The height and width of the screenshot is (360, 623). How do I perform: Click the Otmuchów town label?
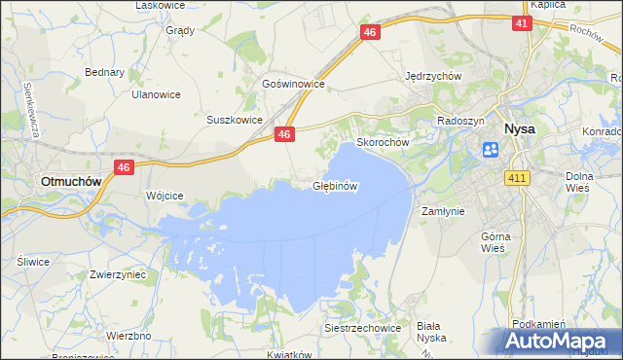coord(67,181)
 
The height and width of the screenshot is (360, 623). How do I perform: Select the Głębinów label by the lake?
coord(337,185)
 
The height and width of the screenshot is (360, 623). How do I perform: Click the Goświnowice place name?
coord(292,85)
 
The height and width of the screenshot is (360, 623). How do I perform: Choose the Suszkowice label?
coord(235,120)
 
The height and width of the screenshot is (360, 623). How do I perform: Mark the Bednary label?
coord(104,72)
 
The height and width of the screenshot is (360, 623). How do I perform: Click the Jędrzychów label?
coord(432,76)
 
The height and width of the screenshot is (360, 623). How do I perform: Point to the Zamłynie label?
coord(442,210)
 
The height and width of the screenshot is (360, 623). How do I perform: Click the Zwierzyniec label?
coord(117,274)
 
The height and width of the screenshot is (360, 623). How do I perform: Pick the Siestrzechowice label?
coord(363,328)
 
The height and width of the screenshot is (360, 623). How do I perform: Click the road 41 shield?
coord(522,22)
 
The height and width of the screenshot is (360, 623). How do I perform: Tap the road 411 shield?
coord(517,177)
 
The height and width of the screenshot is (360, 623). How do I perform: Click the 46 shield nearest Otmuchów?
coord(123,167)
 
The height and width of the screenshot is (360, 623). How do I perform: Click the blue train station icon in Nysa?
coord(491,149)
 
